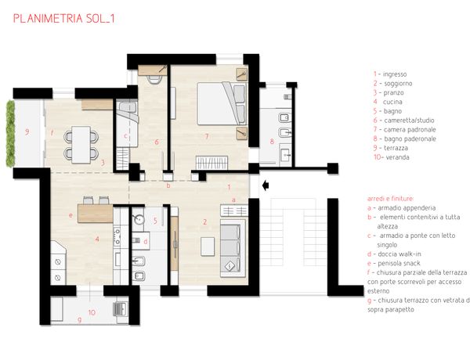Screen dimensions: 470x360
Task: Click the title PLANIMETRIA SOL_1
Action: click(64, 19)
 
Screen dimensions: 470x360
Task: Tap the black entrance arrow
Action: click(266, 185)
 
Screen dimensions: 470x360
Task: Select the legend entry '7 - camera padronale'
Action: click(404, 129)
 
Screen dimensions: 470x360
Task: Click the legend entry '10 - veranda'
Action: click(391, 157)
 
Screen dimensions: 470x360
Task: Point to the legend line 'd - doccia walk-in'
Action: click(394, 254)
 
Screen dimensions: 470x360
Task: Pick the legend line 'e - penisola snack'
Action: click(394, 263)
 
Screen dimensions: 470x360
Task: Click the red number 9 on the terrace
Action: click(27, 131)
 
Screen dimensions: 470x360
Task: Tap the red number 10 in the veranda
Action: click(92, 312)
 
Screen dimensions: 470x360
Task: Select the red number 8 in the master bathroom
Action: click(272, 141)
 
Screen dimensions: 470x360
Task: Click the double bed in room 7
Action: click(222, 103)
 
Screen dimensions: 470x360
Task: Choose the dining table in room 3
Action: click(81, 145)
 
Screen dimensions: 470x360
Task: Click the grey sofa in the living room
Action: click(233, 248)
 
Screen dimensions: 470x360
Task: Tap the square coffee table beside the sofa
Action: click(208, 247)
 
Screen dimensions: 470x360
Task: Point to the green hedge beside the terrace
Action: click(10, 134)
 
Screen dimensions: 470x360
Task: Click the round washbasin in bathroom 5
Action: click(139, 220)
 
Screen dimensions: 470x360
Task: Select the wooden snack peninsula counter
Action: click(96, 213)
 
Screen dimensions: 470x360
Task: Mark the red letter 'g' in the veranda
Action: click(79, 320)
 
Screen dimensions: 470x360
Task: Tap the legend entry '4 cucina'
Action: click(388, 102)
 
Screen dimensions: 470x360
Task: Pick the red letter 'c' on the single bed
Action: click(125, 135)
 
